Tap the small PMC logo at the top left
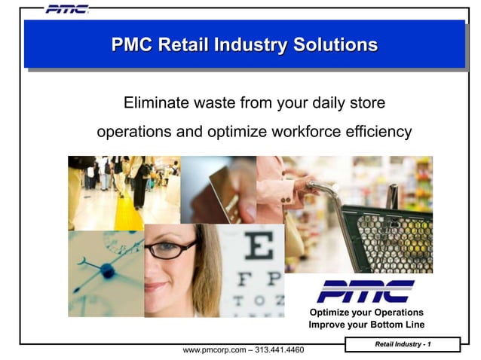click(66, 9)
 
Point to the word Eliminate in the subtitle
click(155, 102)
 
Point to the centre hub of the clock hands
click(107, 270)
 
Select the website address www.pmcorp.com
click(214, 350)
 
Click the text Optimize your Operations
click(366, 313)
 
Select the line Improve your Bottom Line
click(366, 325)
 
